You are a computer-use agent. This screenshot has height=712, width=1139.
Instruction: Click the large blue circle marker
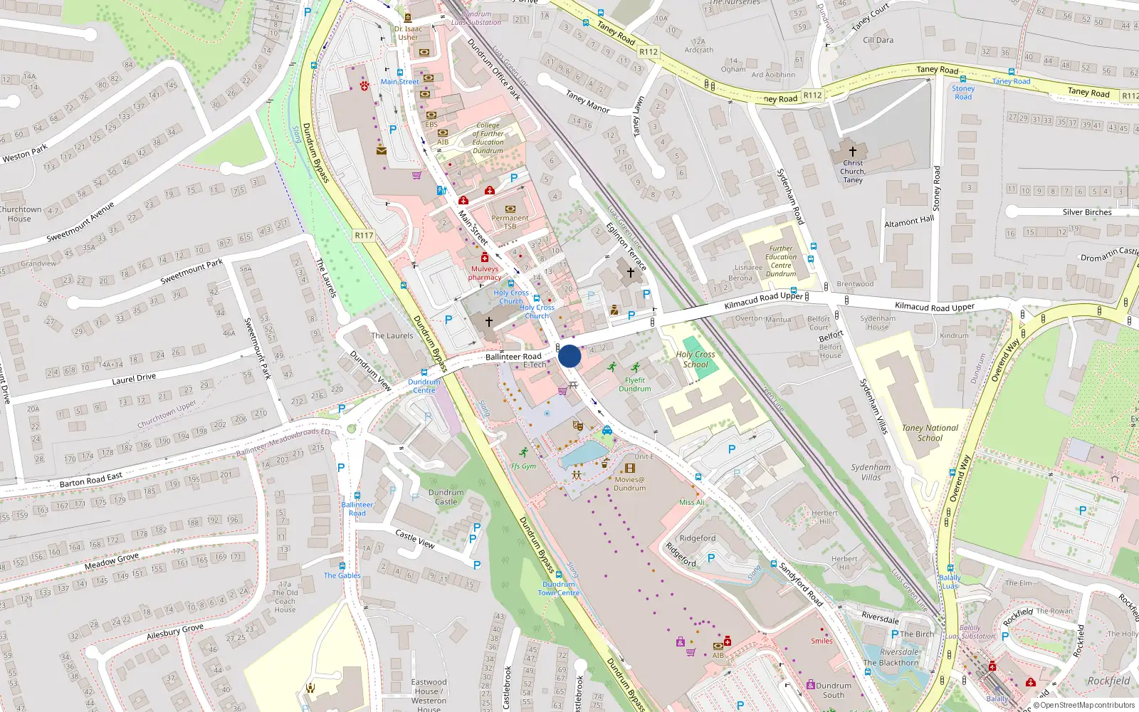click(569, 356)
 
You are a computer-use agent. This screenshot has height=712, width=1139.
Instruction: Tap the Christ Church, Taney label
click(853, 172)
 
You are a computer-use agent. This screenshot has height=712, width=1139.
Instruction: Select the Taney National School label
click(930, 433)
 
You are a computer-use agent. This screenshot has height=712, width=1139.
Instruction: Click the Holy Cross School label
click(696, 359)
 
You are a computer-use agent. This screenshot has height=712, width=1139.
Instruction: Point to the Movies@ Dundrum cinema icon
click(629, 468)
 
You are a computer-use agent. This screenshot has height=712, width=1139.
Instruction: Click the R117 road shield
click(364, 235)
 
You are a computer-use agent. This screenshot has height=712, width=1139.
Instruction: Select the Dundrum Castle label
click(446, 497)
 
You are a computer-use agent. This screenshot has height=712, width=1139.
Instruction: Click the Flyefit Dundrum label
click(634, 384)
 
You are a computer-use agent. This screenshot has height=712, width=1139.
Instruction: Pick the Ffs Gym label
click(523, 466)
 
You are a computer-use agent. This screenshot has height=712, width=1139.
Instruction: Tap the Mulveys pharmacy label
click(485, 273)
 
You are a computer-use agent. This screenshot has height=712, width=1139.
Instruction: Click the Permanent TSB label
click(510, 222)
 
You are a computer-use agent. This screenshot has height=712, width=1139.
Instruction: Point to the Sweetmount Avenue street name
click(80, 222)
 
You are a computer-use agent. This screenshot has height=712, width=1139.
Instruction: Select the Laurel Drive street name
click(134, 379)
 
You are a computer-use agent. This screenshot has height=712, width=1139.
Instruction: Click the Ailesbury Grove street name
click(174, 632)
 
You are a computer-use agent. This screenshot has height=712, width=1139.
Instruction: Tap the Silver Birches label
click(1086, 212)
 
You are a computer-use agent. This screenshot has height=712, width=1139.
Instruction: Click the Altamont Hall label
click(909, 222)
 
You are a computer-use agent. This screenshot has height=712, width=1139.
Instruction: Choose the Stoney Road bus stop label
click(963, 93)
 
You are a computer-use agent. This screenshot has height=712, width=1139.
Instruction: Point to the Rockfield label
click(1108, 681)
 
